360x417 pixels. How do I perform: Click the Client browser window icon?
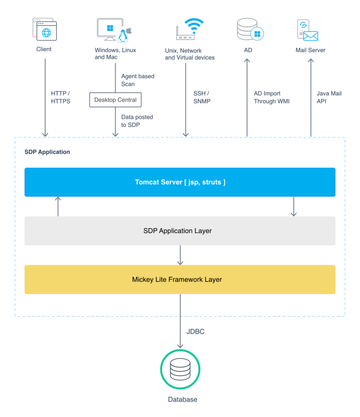coord(45,29)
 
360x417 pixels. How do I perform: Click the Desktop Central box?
coord(116,100)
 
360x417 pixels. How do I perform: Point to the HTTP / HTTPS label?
coord(61,97)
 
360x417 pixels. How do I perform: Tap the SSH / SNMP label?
coord(202,97)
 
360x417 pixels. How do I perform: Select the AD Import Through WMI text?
coord(271,97)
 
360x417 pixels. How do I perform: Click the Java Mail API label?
coord(329,97)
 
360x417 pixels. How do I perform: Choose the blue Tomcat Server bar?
coord(180,182)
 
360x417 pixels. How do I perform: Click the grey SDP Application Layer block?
coord(180,231)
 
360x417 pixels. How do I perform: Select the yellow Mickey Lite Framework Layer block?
coord(180,280)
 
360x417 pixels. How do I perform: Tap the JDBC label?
coord(195,332)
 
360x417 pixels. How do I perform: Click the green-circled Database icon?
coord(180,369)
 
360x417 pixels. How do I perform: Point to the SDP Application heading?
coord(47,152)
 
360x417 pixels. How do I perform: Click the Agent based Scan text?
coord(137,80)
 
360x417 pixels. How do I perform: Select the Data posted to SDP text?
coord(137,121)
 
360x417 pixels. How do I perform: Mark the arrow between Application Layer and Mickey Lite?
coord(180,255)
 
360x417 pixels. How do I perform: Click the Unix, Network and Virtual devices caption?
coord(190,54)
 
